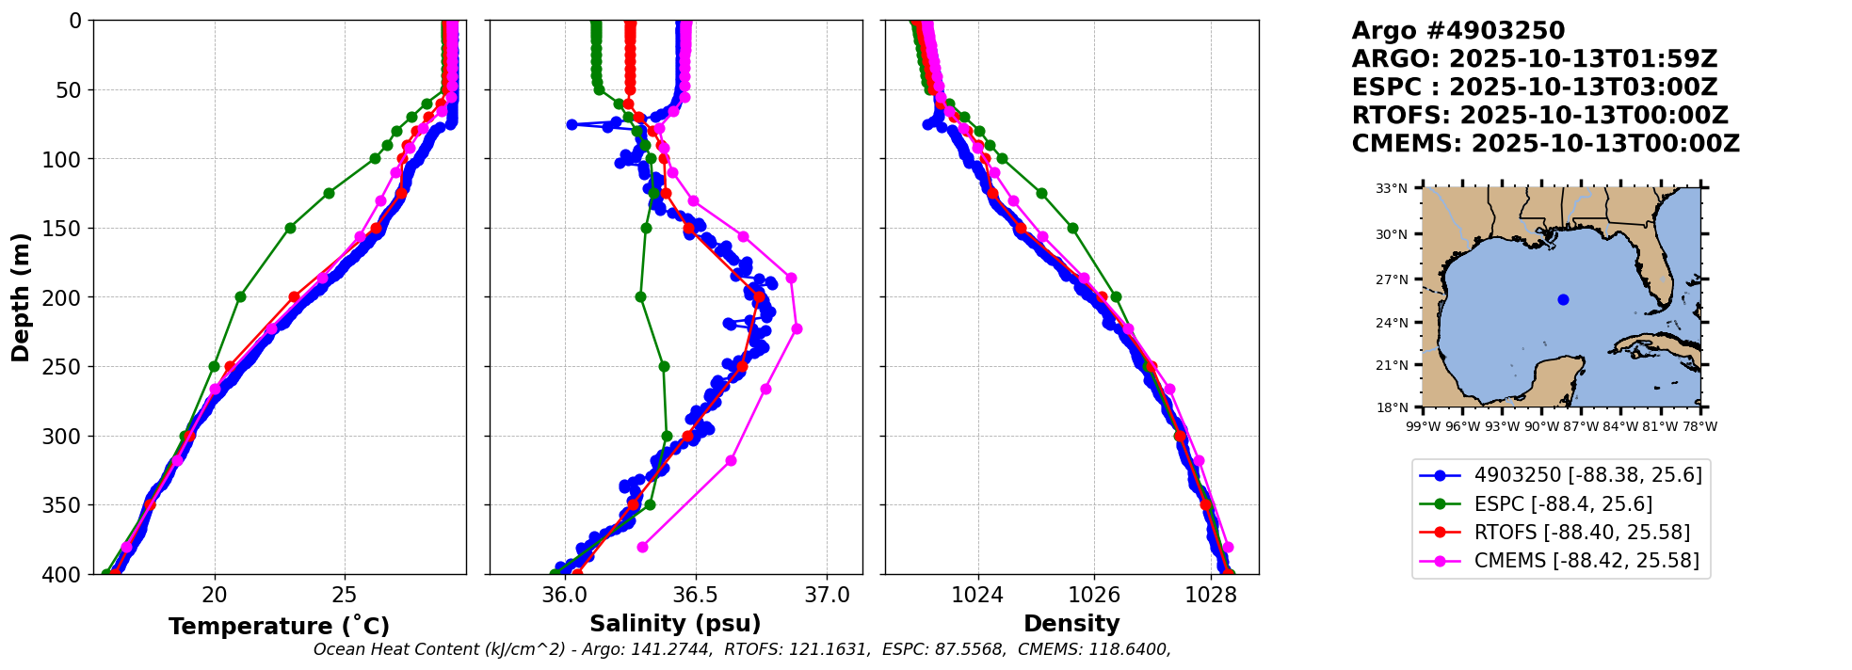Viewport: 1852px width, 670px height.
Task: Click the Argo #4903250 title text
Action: pyautogui.click(x=1457, y=31)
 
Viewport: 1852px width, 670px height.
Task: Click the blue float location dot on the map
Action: pyautogui.click(x=1563, y=299)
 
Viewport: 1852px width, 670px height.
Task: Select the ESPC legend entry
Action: pyautogui.click(x=1537, y=503)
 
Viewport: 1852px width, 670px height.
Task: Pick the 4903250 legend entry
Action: pyautogui.click(x=1561, y=475)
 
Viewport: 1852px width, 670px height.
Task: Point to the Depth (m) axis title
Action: pyautogui.click(x=20, y=297)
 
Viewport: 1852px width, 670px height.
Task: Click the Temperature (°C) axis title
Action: pyautogui.click(x=279, y=627)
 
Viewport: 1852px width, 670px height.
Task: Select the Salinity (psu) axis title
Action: pyautogui.click(x=675, y=624)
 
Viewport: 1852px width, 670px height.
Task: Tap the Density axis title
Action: pyautogui.click(x=1071, y=624)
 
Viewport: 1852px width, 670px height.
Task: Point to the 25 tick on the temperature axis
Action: pyautogui.click(x=345, y=596)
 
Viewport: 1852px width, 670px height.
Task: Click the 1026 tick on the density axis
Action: pyautogui.click(x=1094, y=596)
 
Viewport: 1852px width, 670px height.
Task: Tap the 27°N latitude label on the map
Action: pyautogui.click(x=1392, y=279)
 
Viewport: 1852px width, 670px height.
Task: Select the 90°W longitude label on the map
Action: pyautogui.click(x=1541, y=426)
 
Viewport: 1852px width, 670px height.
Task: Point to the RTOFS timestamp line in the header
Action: pyautogui.click(x=1539, y=116)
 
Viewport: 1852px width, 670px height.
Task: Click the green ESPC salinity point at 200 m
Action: pyautogui.click(x=640, y=296)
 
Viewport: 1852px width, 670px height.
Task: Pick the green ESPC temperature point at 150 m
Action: pyautogui.click(x=290, y=228)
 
